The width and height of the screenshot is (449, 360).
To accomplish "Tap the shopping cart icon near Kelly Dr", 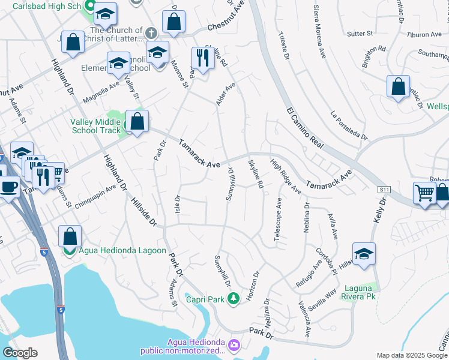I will [x=424, y=193].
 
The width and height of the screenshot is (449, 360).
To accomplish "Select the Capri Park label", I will [x=204, y=299].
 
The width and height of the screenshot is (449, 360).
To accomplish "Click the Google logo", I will [x=20, y=353].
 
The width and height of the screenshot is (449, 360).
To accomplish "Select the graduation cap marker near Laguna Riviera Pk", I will [x=364, y=254].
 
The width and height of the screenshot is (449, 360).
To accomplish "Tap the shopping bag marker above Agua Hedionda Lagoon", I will [x=70, y=236].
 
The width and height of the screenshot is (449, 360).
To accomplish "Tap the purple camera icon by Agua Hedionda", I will [x=234, y=345].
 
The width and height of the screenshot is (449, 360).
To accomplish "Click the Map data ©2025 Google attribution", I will [x=412, y=355].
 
